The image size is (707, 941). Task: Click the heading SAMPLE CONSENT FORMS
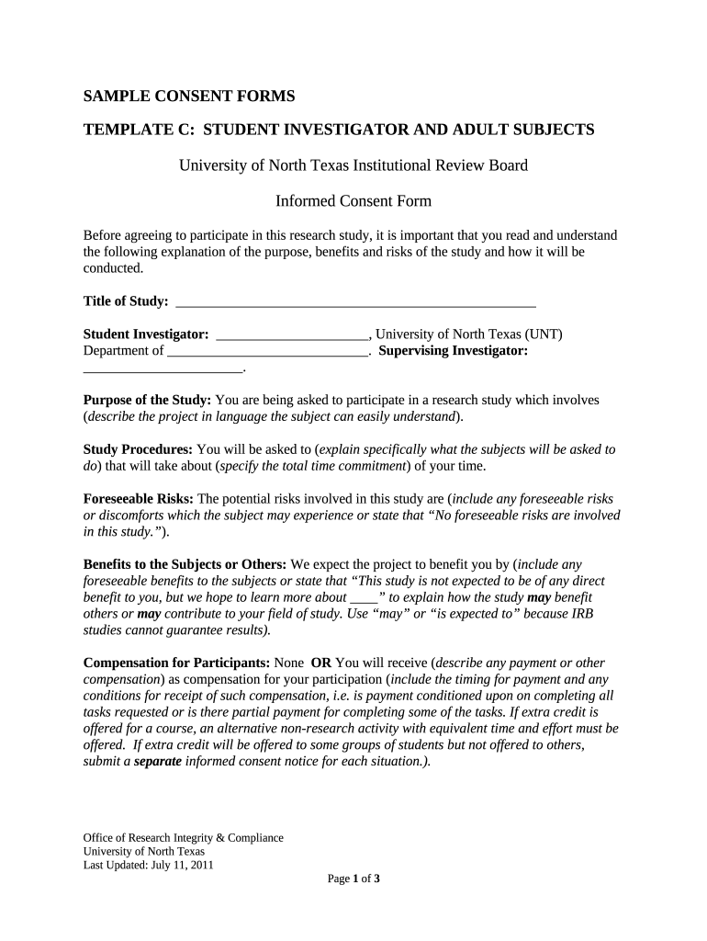189,96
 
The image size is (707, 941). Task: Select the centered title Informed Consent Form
353,201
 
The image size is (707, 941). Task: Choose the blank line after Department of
267,352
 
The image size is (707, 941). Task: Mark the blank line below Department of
163,369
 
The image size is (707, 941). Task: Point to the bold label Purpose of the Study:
148,400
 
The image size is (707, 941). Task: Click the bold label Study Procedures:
138,449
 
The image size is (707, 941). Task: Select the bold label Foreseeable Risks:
138,499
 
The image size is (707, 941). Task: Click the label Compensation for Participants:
176,663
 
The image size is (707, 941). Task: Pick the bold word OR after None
320,663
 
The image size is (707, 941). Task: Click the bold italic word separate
158,762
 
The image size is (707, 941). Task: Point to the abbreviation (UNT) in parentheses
542,334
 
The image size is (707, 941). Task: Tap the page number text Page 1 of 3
353,879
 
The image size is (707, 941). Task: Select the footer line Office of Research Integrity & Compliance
183,837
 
